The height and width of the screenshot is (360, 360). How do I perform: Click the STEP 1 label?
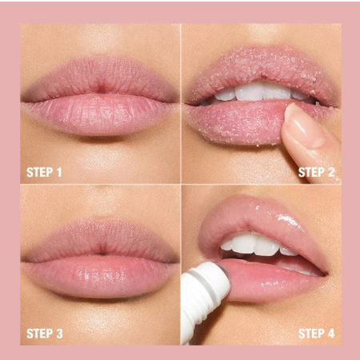pos(44,172)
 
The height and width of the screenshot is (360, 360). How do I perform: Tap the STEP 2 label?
pos(316,172)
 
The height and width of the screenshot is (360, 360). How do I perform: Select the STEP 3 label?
pos(45,334)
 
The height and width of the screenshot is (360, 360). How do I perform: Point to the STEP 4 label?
pos(316,334)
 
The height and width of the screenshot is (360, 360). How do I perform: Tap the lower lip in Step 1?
pos(100,114)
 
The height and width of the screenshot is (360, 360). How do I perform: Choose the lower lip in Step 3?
pos(100,276)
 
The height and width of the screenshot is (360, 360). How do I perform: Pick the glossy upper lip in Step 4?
pos(262,216)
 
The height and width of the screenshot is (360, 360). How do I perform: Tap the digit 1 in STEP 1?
pos(59,172)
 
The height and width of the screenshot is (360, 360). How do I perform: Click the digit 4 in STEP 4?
pos(331,334)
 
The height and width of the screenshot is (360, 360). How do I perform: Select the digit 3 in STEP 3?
pos(59,334)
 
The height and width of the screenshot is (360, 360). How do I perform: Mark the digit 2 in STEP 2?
pos(331,172)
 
